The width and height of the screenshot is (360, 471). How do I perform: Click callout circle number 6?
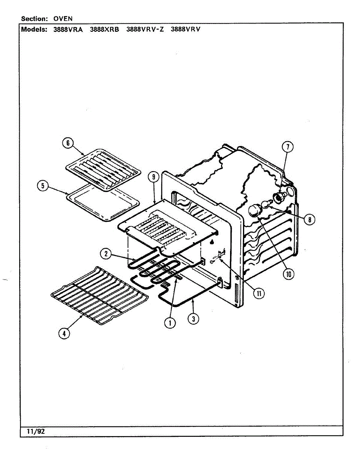pyautogui.click(x=68, y=143)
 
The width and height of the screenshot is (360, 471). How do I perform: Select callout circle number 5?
pyautogui.click(x=43, y=185)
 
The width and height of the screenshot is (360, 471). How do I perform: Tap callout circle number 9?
pyautogui.click(x=153, y=177)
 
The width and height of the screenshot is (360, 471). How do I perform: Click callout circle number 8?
pyautogui.click(x=309, y=220)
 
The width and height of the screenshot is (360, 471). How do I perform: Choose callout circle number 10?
pyautogui.click(x=289, y=274)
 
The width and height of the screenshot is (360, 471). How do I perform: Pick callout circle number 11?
pyautogui.click(x=259, y=293)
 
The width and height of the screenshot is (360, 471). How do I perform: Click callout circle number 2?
pyautogui.click(x=106, y=254)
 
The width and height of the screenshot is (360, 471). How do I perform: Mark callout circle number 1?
pyautogui.click(x=170, y=323)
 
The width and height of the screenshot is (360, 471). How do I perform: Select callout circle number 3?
pyautogui.click(x=193, y=319)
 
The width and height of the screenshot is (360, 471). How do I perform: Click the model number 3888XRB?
pyautogui.click(x=104, y=29)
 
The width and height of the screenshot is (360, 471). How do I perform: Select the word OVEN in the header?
pyautogui.click(x=63, y=18)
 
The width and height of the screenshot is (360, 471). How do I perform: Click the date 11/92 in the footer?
pyautogui.click(x=36, y=431)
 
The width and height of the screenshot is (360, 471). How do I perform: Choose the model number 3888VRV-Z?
pyautogui.click(x=144, y=29)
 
